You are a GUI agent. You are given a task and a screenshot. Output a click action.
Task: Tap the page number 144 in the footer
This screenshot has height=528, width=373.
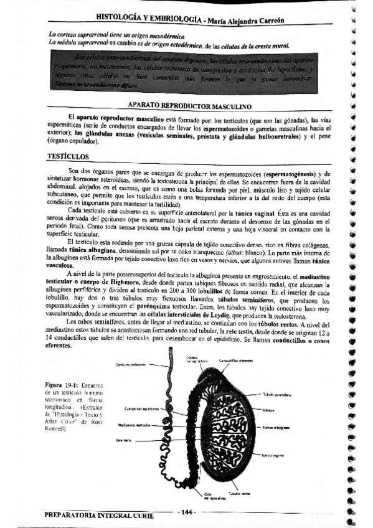coord(186,512)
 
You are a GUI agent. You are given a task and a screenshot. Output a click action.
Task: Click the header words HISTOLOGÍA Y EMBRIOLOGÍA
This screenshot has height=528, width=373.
coord(148,19)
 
